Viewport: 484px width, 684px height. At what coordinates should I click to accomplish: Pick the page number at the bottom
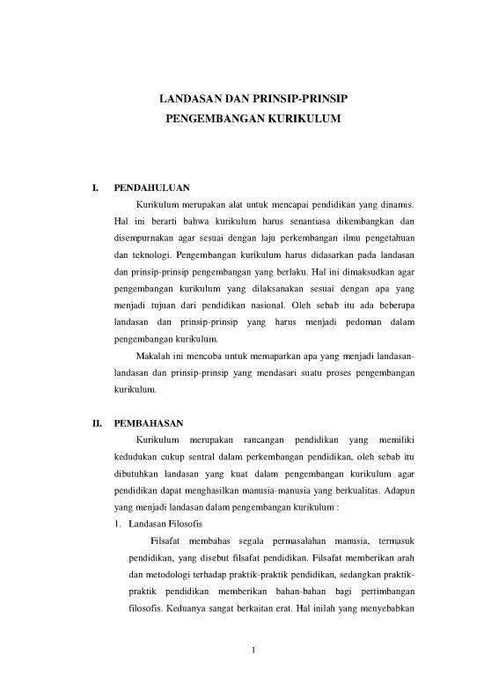252,651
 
